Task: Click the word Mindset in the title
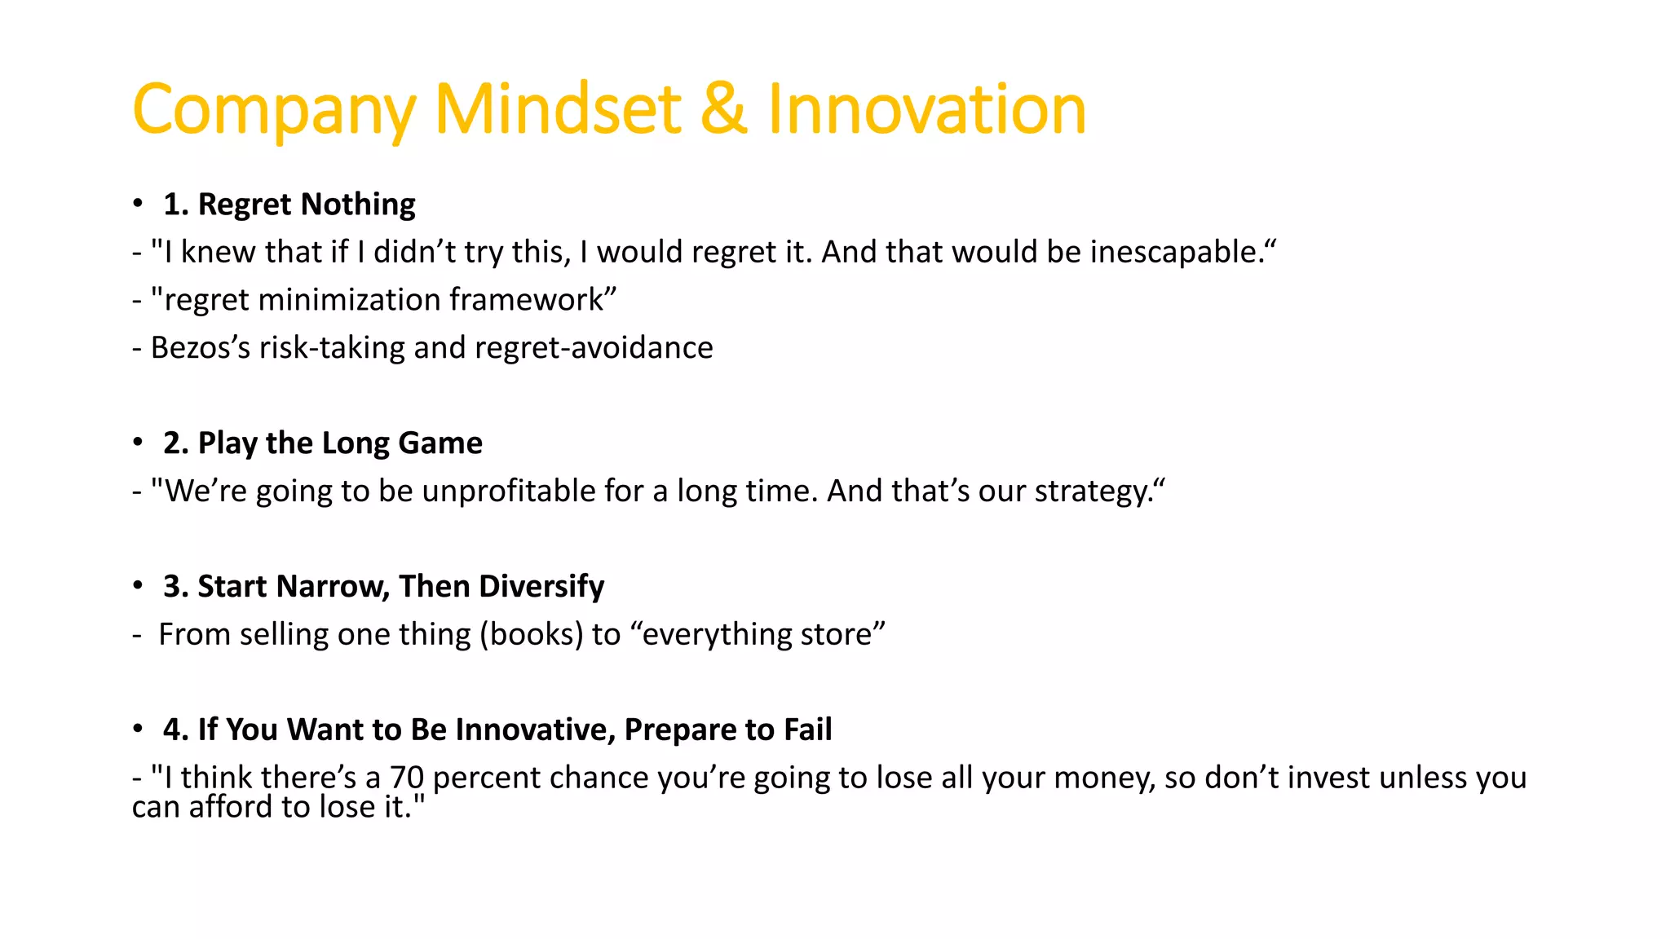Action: pos(558,109)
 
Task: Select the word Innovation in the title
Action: pos(927,109)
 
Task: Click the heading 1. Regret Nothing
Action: pos(289,204)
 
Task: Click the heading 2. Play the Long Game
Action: pos(323,443)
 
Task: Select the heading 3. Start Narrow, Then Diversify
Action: pos(383,586)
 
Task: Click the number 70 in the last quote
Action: pos(406,778)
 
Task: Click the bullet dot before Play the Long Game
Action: pos(138,443)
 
